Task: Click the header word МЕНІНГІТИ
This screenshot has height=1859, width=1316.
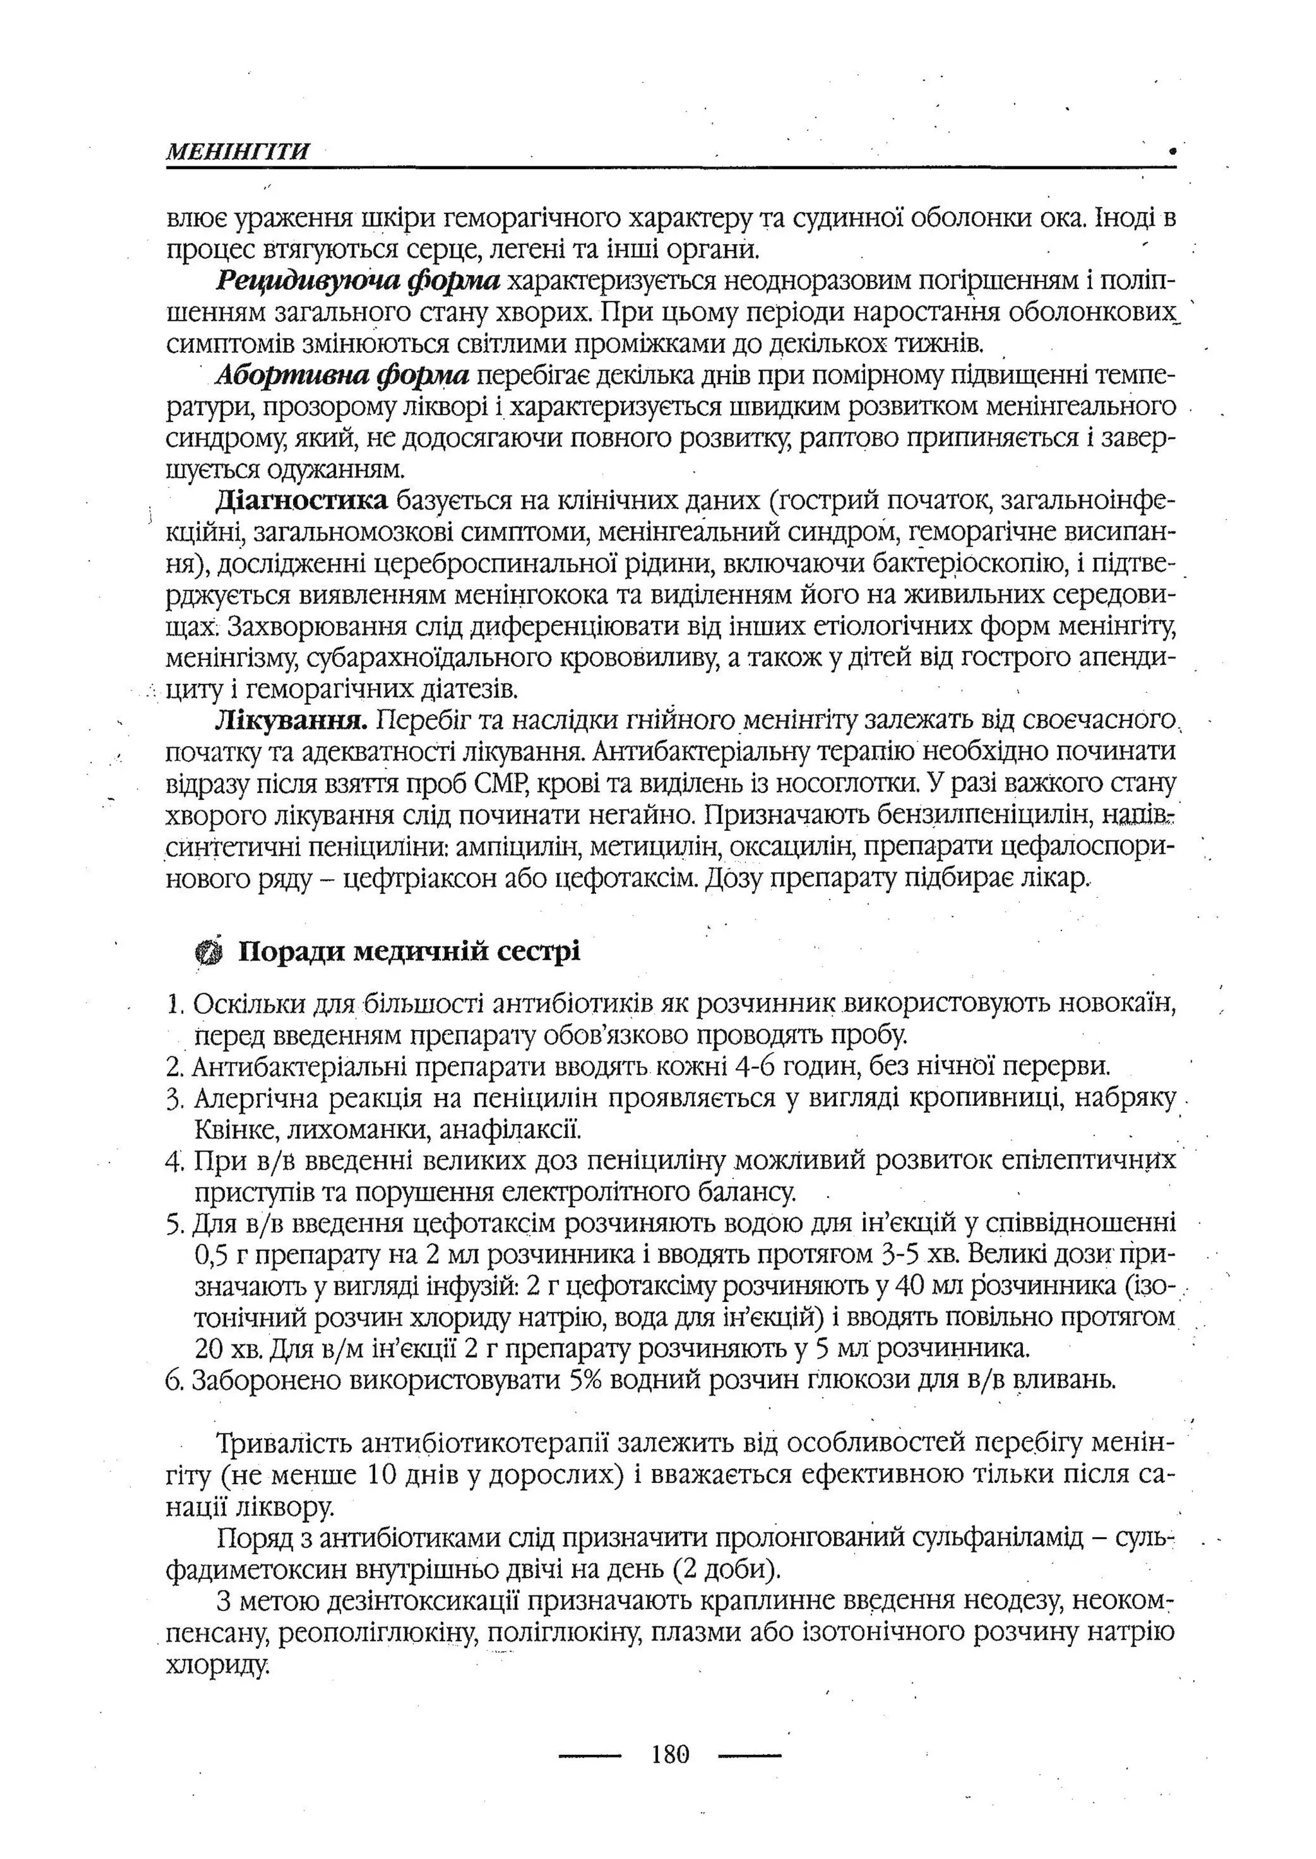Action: (237, 152)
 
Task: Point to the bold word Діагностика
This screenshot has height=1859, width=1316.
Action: (302, 501)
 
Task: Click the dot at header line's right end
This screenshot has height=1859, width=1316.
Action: (1172, 151)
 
